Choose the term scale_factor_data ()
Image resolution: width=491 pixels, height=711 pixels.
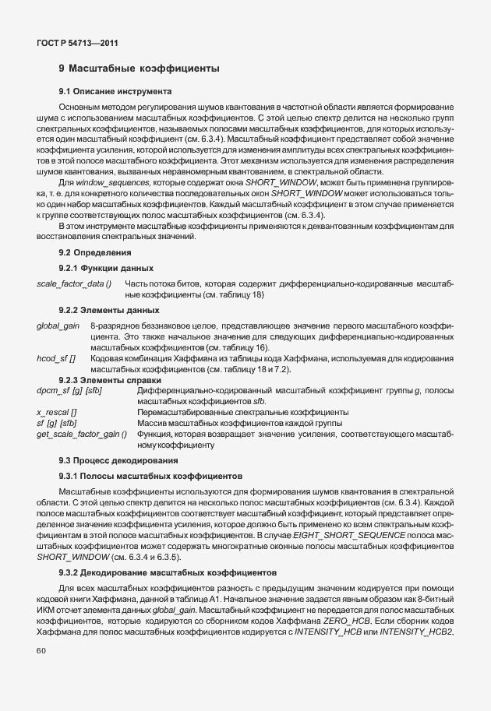click(x=74, y=283)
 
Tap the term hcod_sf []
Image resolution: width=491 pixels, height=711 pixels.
click(x=56, y=357)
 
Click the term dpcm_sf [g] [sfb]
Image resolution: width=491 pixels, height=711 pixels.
click(x=70, y=389)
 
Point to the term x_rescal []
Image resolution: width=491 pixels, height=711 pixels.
click(x=57, y=411)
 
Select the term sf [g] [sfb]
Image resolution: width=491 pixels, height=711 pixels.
click(x=56, y=422)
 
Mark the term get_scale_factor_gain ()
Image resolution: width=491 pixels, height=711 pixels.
click(x=81, y=433)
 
